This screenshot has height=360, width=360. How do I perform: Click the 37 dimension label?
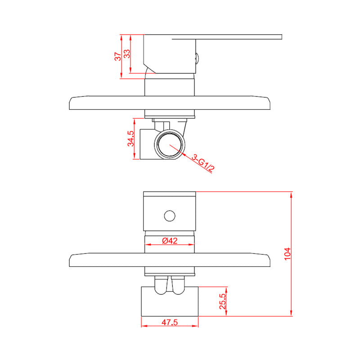tap(117, 57)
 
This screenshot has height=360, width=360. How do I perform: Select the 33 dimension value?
tap(127, 54)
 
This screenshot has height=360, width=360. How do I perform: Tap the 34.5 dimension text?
tap(130, 139)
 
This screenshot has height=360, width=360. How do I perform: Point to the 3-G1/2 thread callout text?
tap(203, 163)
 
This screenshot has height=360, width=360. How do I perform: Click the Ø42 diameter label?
tap(170, 241)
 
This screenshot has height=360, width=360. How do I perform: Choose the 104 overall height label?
tap(287, 254)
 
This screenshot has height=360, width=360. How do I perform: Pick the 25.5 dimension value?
tap(222, 301)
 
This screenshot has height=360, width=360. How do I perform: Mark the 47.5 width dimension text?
tap(170, 322)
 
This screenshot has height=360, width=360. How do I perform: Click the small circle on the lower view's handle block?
tap(170, 216)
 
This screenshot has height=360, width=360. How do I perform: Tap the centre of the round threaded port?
tap(170, 144)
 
